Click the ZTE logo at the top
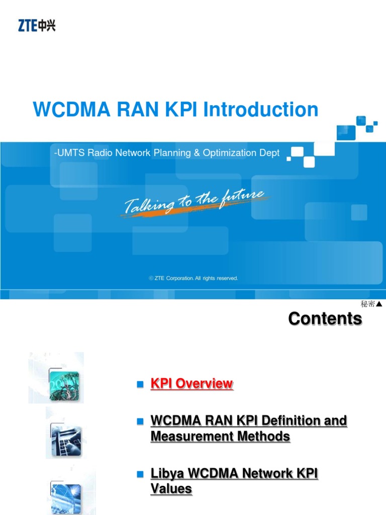37,25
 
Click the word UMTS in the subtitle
68,153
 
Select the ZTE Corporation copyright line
194,278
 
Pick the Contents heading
325,319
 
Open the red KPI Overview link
191,384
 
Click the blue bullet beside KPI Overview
140,384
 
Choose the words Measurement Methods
220,437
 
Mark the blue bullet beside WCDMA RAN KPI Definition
140,420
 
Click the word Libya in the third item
167,474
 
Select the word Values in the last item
171,489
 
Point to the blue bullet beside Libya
140,474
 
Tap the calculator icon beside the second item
65,439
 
